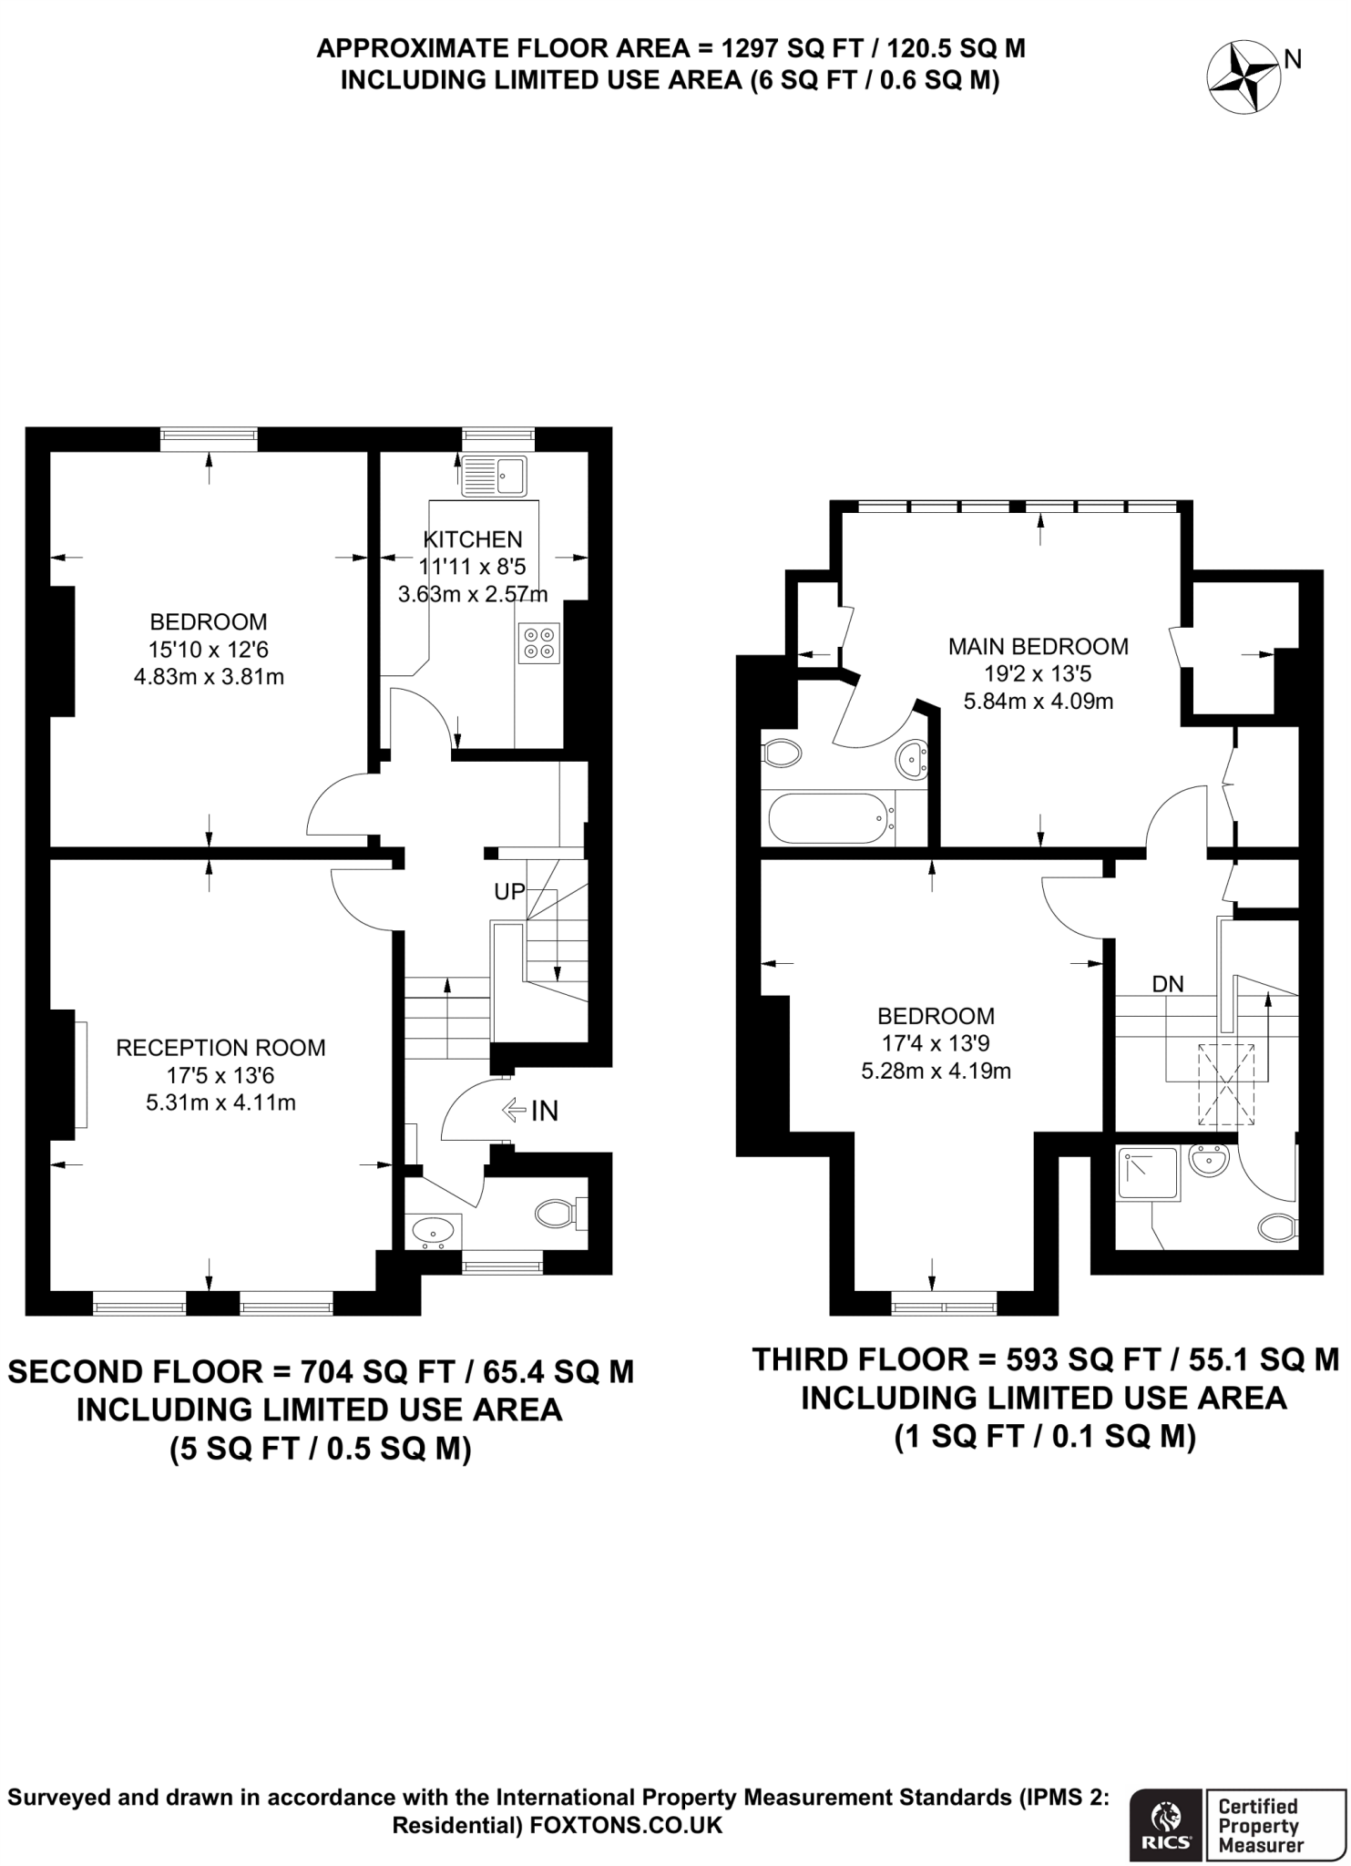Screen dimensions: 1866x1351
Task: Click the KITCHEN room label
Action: click(x=472, y=538)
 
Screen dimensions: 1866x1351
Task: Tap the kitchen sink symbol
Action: click(x=495, y=476)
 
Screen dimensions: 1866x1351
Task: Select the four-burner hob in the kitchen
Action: click(x=537, y=642)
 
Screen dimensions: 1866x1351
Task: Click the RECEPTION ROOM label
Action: click(x=220, y=1048)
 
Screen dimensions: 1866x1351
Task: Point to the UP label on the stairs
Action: click(x=509, y=892)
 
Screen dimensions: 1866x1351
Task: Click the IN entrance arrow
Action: click(x=531, y=1110)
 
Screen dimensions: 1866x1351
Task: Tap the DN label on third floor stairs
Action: click(x=1168, y=984)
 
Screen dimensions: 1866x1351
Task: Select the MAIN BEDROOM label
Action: click(x=1038, y=647)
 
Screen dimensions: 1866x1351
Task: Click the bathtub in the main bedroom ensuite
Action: click(x=827, y=818)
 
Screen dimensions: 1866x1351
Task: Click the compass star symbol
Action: click(x=1243, y=80)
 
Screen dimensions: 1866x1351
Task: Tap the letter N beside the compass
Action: click(x=1292, y=60)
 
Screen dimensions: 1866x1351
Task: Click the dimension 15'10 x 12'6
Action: click(x=209, y=650)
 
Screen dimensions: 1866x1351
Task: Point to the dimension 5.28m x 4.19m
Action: click(x=936, y=1071)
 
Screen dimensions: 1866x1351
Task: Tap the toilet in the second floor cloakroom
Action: click(x=557, y=1213)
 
